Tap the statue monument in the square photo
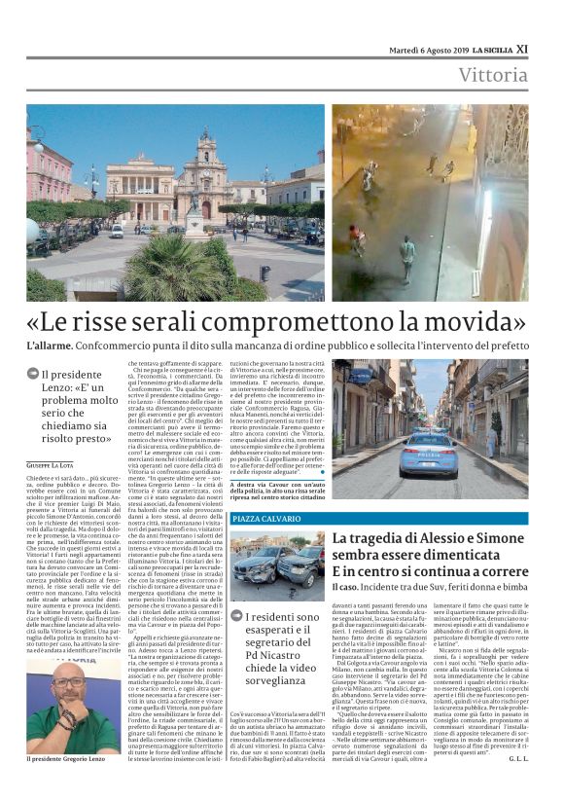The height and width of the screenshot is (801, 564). pyautogui.click(x=195, y=214)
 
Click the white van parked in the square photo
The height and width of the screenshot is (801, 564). pyautogui.click(x=117, y=231)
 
